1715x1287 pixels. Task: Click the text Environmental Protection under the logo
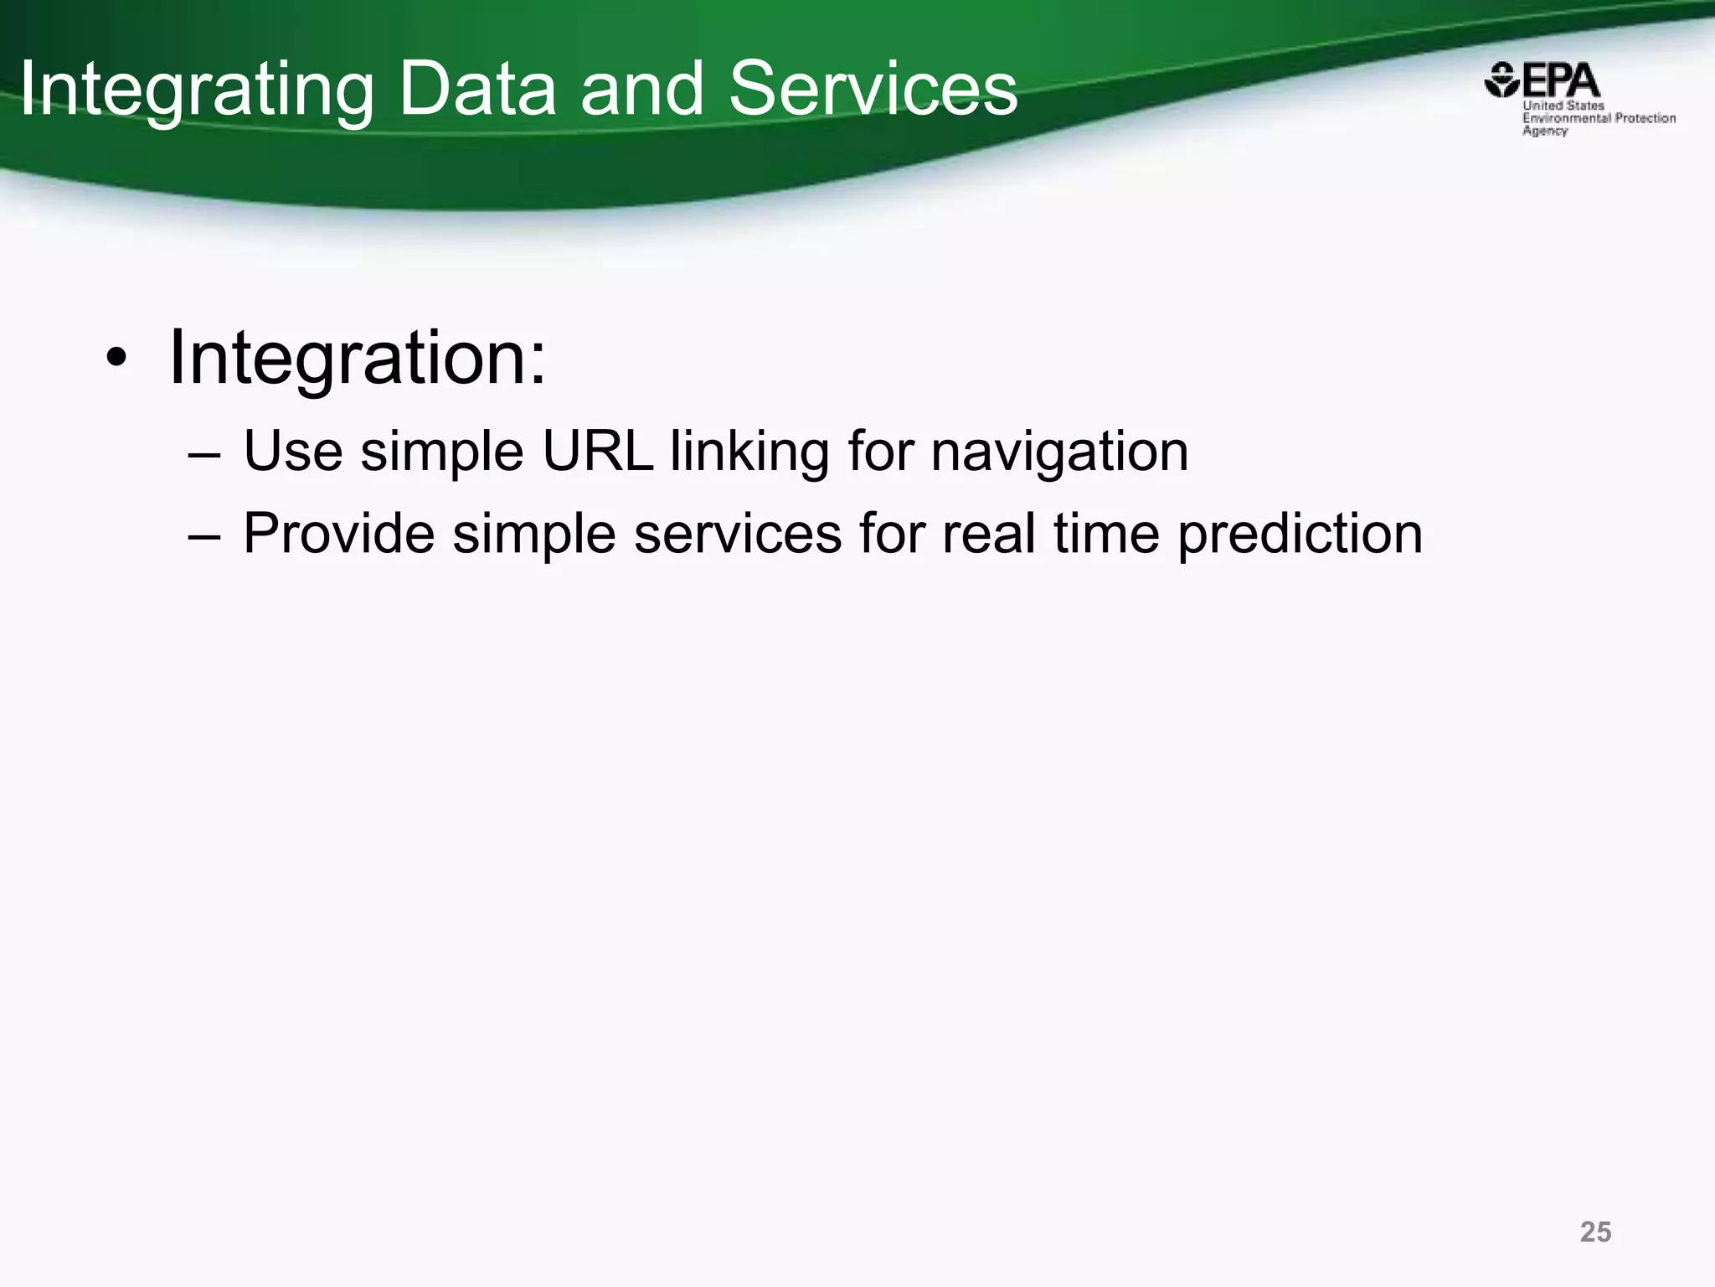[x=1599, y=118]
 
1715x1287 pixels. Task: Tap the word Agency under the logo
[x=1545, y=131]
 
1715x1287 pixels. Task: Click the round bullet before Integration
[x=116, y=360]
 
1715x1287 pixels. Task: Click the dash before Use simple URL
[x=204, y=453]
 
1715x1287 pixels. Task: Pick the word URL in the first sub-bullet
[x=597, y=452]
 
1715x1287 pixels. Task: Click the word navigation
[x=1059, y=453]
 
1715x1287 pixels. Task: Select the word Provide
[x=338, y=534]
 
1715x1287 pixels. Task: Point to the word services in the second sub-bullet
[x=737, y=534]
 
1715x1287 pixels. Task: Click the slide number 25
[x=1595, y=1232]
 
